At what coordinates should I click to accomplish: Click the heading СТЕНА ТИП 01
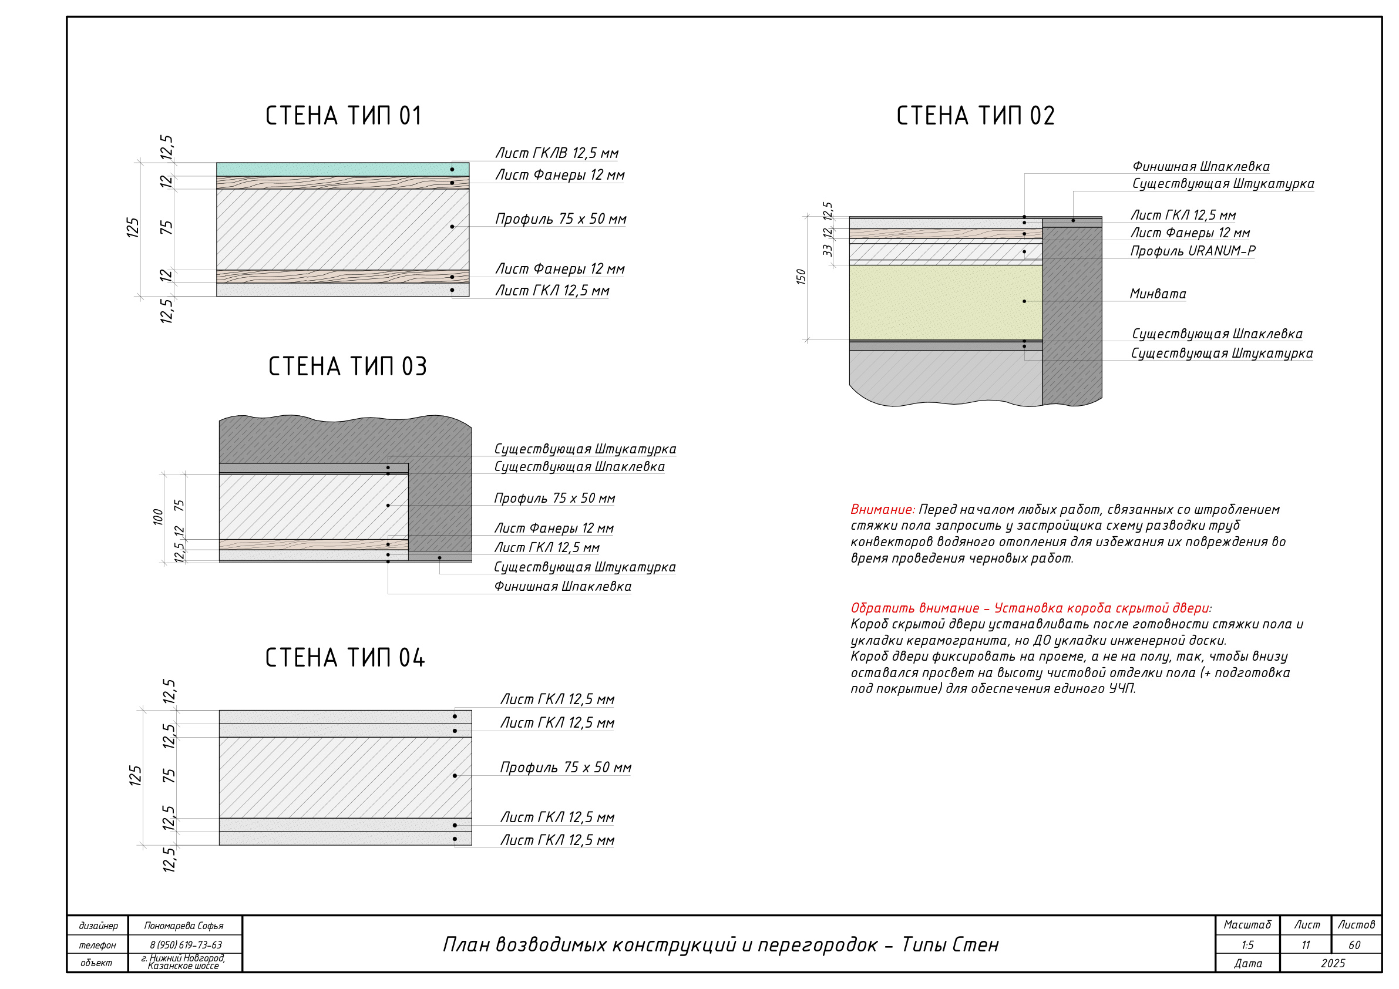click(343, 116)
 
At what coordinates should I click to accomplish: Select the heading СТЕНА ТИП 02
click(975, 116)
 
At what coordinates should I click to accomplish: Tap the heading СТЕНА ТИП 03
click(347, 366)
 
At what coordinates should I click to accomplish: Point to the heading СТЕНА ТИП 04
click(345, 658)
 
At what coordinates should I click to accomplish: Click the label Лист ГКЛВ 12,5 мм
click(556, 153)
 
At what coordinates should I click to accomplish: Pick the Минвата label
click(1158, 294)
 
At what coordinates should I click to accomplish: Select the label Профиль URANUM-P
click(1192, 250)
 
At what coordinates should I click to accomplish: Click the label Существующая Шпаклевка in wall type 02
click(1217, 334)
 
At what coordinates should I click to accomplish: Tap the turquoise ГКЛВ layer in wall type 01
click(342, 169)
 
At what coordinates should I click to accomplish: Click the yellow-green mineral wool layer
click(946, 302)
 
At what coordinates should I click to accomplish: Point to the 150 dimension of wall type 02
click(801, 277)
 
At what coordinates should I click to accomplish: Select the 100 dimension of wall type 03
click(158, 517)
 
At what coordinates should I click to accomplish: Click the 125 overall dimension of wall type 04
click(134, 776)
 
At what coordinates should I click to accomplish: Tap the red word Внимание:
click(882, 509)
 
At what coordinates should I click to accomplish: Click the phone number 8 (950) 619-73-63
click(186, 945)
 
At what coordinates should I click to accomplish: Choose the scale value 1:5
click(1247, 945)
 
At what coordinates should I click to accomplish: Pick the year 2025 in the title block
click(1333, 963)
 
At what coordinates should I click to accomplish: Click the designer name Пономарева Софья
click(183, 926)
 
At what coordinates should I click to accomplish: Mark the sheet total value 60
click(1354, 945)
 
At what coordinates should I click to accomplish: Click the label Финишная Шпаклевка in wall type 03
click(563, 586)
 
